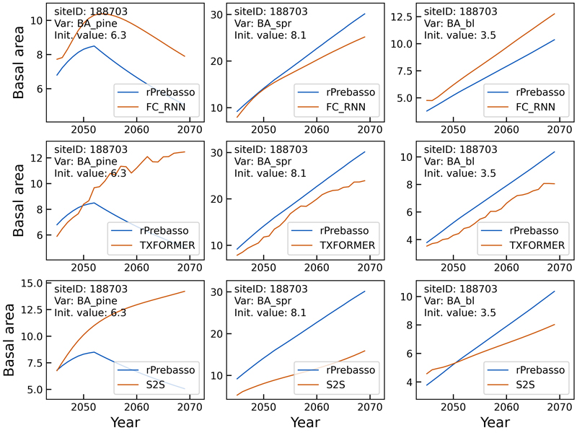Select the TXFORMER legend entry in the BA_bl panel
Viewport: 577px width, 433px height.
[537, 246]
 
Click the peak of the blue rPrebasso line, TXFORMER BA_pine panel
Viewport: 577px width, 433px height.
[92, 203]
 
